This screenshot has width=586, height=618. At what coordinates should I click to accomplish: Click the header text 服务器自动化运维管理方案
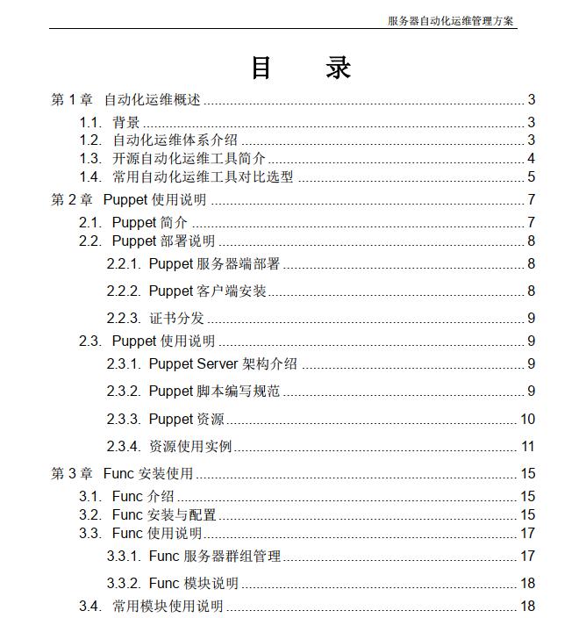click(451, 20)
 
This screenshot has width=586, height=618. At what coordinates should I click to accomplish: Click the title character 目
click(261, 68)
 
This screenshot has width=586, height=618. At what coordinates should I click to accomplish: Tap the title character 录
click(339, 68)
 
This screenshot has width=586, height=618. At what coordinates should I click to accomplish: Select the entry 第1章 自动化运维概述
click(126, 100)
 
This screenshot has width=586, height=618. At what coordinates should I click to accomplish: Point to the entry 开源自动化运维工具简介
click(189, 159)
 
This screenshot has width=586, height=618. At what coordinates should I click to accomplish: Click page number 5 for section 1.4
click(531, 177)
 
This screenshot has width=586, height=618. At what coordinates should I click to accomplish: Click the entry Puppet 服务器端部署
click(214, 264)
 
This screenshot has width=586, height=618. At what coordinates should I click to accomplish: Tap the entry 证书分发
click(176, 319)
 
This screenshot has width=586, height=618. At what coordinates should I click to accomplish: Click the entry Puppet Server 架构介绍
click(223, 364)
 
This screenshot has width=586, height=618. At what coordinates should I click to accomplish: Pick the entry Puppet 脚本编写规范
click(214, 392)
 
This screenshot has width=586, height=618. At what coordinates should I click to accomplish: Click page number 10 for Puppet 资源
click(527, 420)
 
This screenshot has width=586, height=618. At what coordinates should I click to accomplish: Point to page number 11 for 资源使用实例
click(527, 447)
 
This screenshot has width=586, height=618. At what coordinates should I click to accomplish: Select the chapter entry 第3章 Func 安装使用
click(122, 474)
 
